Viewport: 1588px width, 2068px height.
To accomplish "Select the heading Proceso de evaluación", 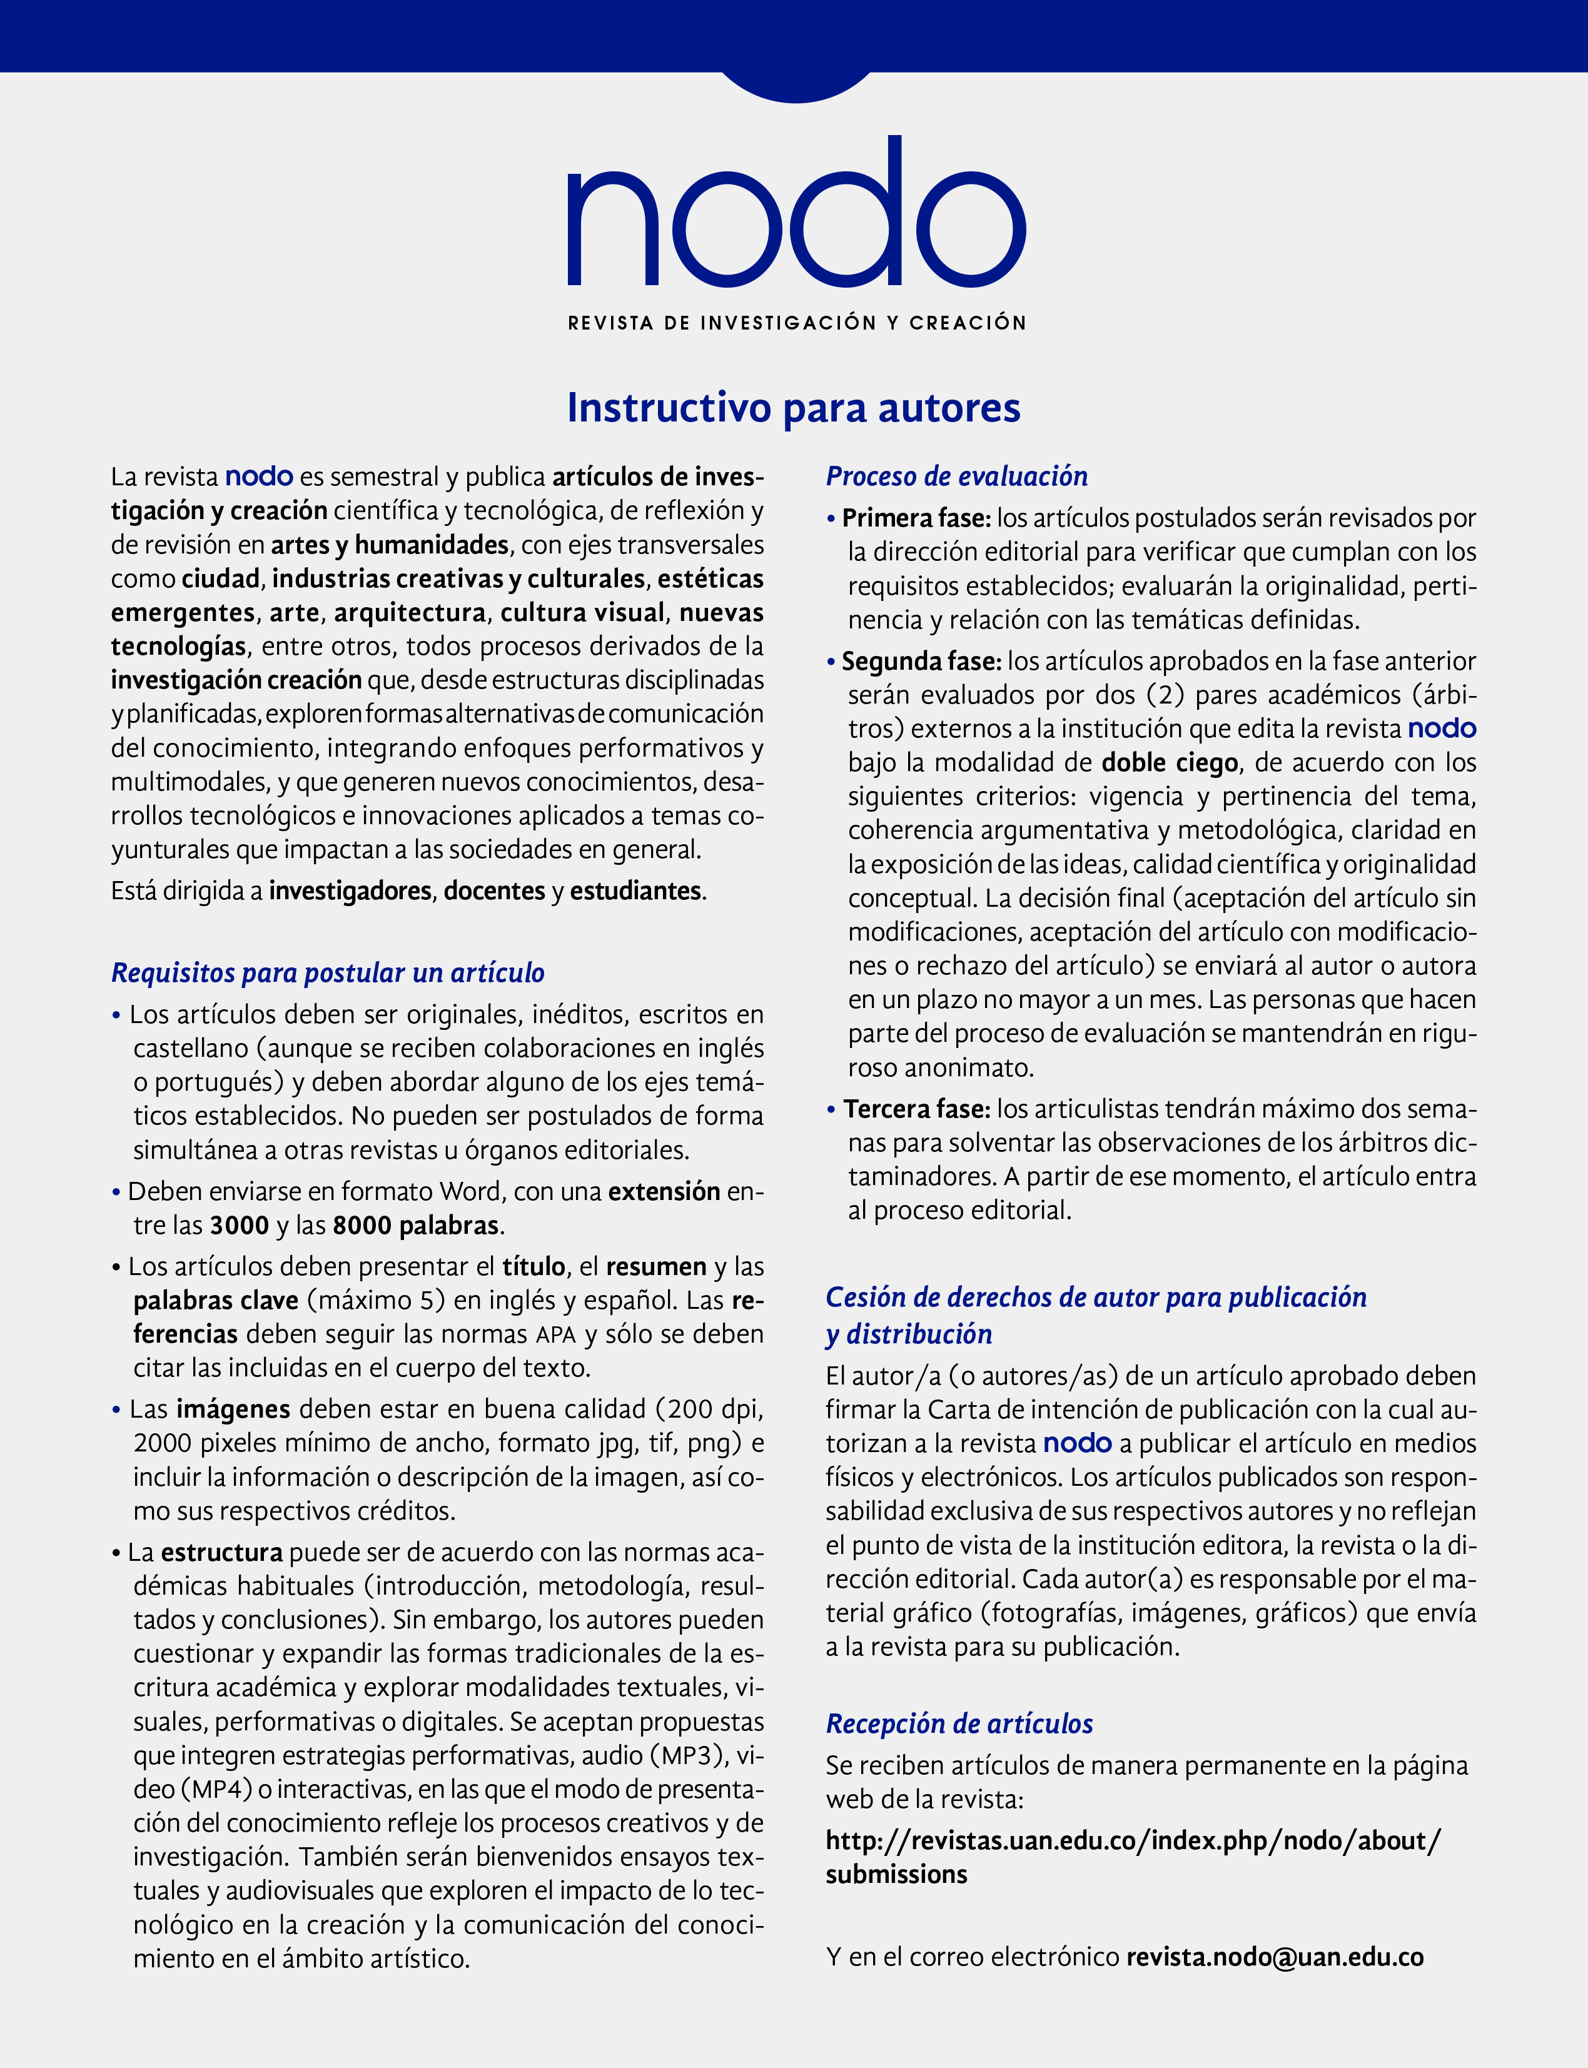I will coord(956,477).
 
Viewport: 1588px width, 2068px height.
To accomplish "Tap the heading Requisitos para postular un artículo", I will coord(328,972).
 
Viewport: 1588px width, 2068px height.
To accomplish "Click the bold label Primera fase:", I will coord(915,518).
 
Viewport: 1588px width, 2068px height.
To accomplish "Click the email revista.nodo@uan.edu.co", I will coord(1274,1957).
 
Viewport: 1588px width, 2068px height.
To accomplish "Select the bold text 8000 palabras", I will coord(416,1225).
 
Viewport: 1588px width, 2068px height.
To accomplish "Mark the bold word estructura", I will coord(221,1552).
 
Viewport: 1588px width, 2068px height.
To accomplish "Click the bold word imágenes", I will coord(233,1410).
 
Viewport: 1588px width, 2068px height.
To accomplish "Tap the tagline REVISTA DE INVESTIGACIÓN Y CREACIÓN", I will coord(796,323).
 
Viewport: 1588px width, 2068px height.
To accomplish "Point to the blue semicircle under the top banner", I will coord(796,85).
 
